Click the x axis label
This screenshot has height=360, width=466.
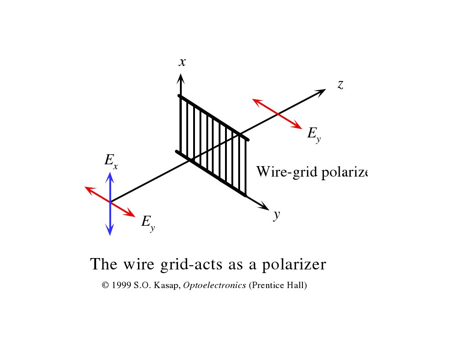[x=182, y=62]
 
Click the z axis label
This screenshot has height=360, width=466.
[x=340, y=84]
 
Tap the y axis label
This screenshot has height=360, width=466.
[x=276, y=215]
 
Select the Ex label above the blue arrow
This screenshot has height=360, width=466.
[x=111, y=161]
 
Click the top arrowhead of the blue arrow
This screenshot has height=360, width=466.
[x=110, y=177]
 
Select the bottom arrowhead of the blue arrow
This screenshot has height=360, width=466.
[x=110, y=230]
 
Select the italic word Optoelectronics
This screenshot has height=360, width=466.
[x=215, y=285]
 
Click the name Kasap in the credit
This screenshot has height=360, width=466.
[x=169, y=285]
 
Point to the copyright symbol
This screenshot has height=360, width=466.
[x=105, y=285]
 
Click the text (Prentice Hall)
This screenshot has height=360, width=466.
[x=278, y=285]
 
